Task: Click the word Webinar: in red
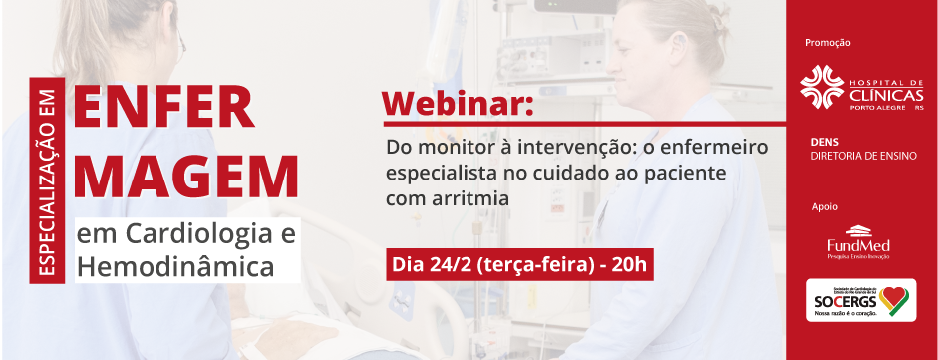[458, 105]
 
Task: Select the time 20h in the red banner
[630, 265]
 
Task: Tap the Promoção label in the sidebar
[827, 43]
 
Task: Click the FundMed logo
[858, 243]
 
